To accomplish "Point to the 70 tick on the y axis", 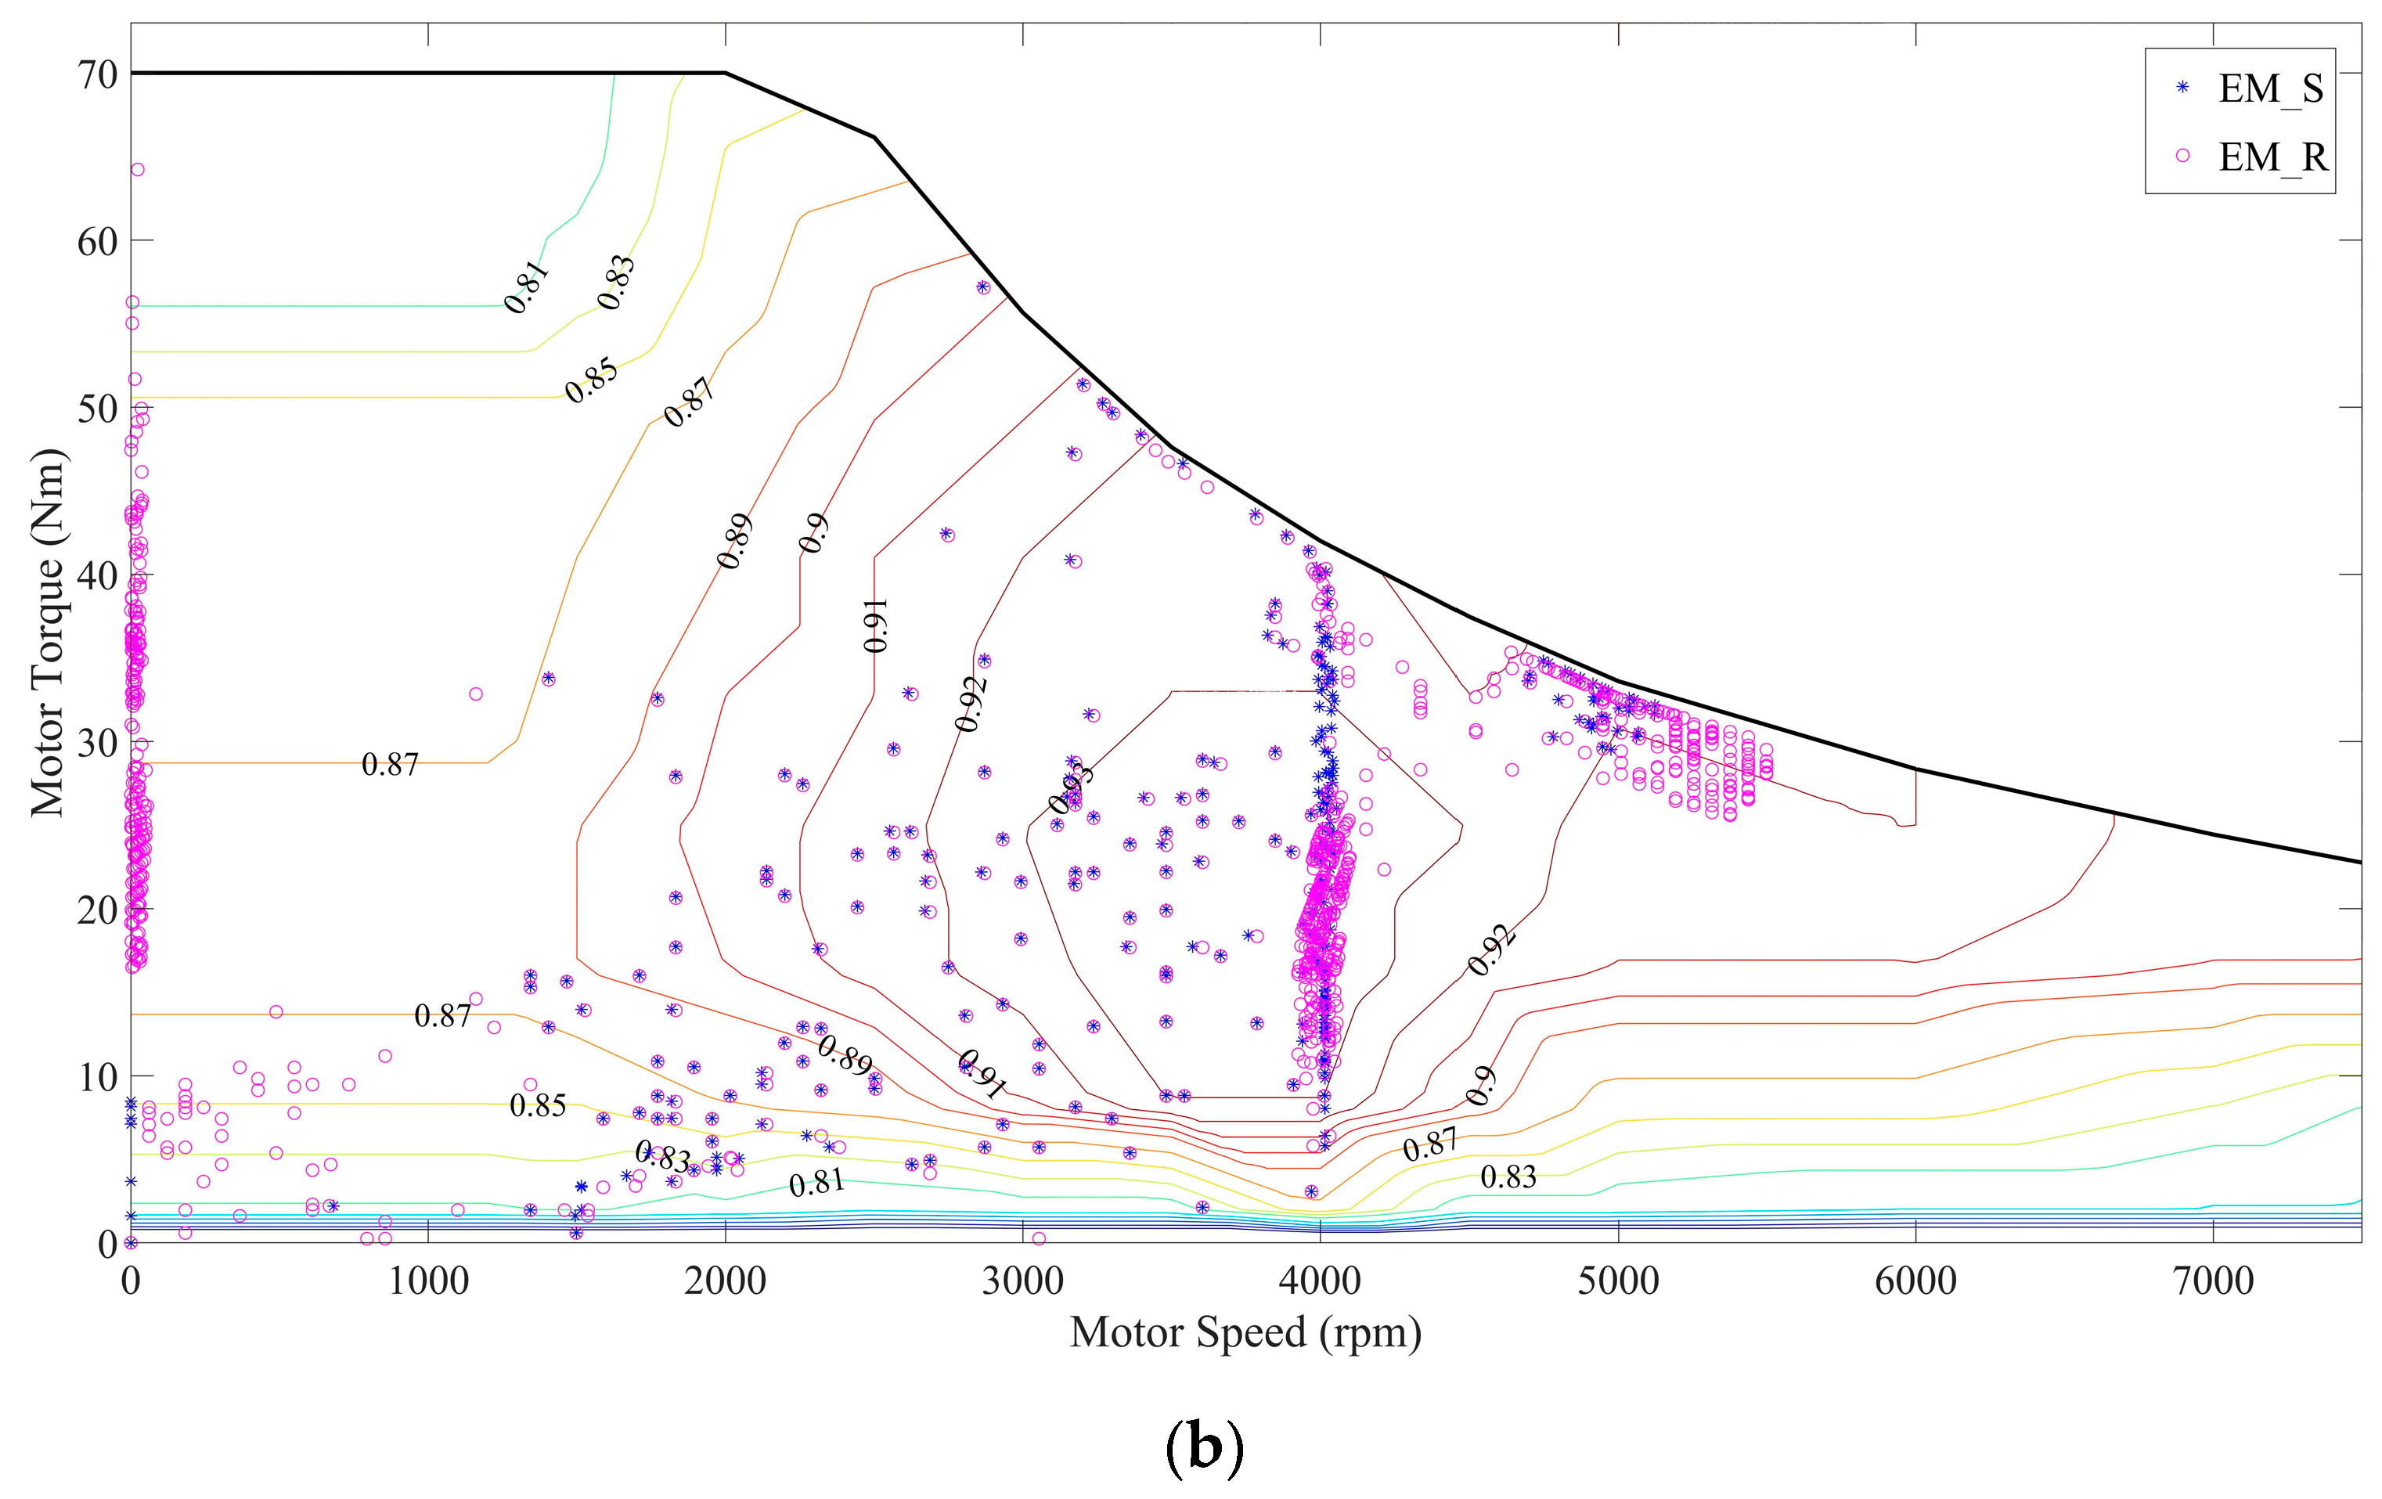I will (97, 74).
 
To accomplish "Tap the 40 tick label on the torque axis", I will (97, 576).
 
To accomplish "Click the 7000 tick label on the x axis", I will (2213, 1281).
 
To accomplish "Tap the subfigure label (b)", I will (1204, 1447).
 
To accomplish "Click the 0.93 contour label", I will (1072, 788).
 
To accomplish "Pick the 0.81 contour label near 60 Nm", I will (525, 287).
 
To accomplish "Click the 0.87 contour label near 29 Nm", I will (390, 765).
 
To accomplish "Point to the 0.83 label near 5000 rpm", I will (1508, 1177).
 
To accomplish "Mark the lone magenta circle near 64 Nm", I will (138, 170).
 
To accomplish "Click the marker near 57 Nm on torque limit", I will (982, 287).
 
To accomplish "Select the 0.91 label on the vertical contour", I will (875, 625).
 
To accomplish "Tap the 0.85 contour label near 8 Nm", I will (537, 1106).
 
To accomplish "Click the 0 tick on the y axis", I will (106, 1245).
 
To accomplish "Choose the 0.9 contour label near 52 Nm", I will (813, 535).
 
